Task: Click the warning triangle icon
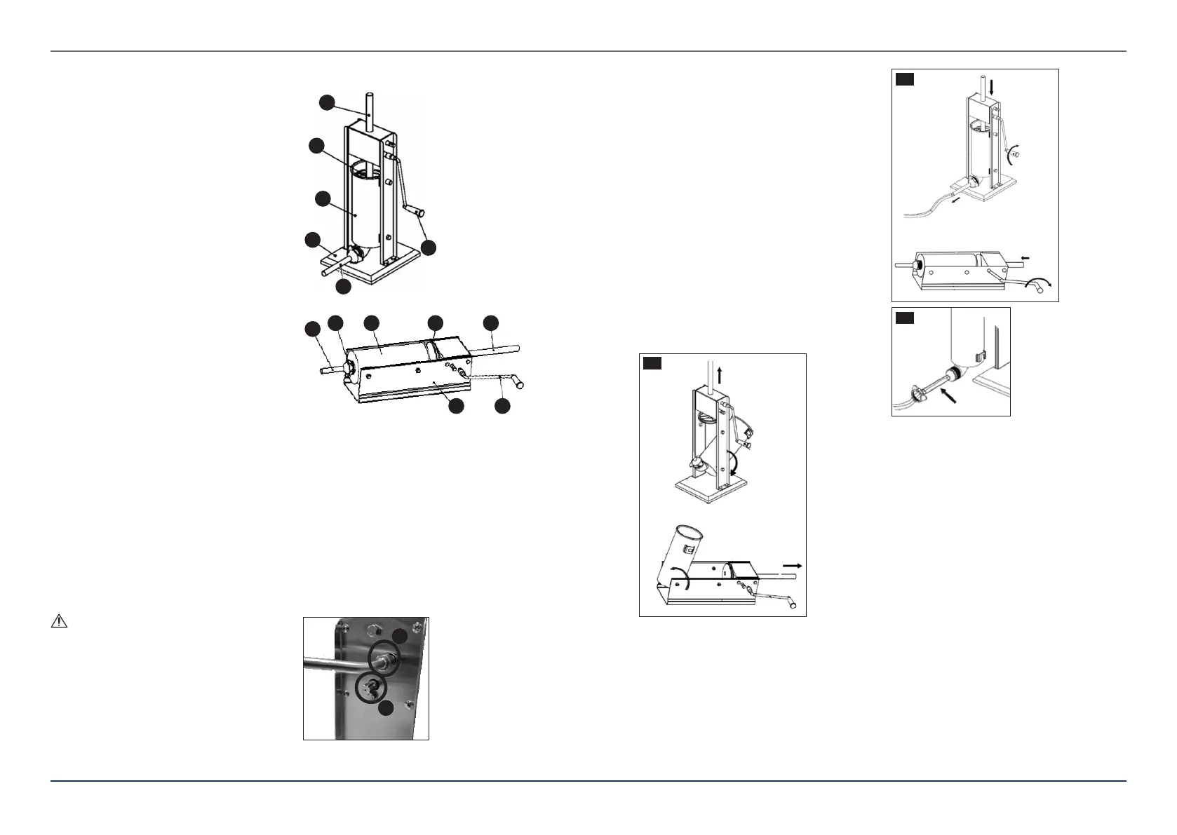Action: pyautogui.click(x=58, y=621)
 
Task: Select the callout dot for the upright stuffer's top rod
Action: pyautogui.click(x=326, y=102)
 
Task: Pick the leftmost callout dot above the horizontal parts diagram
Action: pyautogui.click(x=311, y=329)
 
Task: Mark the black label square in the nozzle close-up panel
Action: pyautogui.click(x=905, y=319)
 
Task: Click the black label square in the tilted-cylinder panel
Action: pyautogui.click(x=653, y=362)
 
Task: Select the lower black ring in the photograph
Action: pyautogui.click(x=371, y=688)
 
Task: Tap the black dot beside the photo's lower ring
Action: pyautogui.click(x=386, y=710)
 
